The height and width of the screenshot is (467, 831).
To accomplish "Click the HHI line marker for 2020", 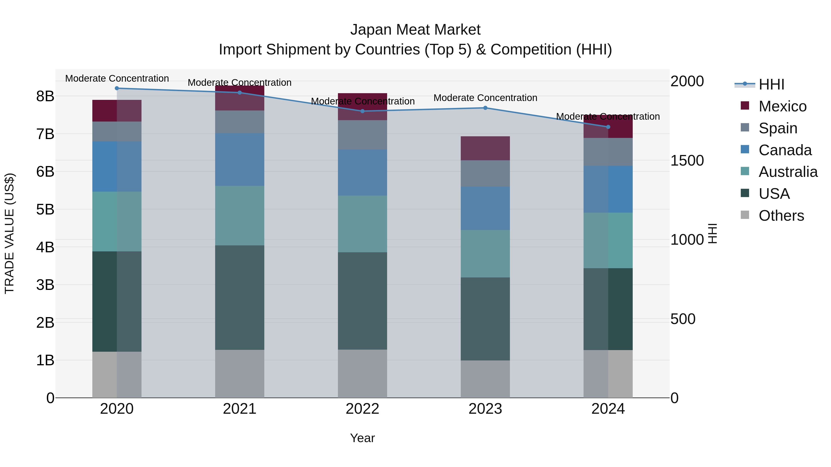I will pos(117,88).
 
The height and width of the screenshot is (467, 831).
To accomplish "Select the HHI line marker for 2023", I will pos(485,108).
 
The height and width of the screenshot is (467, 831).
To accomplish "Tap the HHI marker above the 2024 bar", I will pos(608,127).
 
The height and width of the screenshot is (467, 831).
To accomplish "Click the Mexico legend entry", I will pos(782,106).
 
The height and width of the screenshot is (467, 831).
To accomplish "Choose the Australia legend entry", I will pos(788,172).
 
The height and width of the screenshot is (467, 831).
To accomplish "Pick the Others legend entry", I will pos(781,216).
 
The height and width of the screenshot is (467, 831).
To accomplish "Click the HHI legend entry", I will pos(771,84).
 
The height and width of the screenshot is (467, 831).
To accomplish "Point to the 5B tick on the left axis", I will pos(45,209).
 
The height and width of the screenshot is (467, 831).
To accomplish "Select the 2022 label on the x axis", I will pos(362,409).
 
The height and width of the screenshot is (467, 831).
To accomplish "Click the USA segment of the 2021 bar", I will pos(240,297).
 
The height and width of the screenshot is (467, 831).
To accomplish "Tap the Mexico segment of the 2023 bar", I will pos(485,148).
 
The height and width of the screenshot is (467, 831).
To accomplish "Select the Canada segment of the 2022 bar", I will pos(362,173).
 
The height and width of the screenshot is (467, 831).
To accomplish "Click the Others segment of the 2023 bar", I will pos(485,379).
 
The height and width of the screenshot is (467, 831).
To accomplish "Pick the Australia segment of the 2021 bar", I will pos(240,216).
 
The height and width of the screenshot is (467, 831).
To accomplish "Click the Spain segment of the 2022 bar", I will pos(362,135).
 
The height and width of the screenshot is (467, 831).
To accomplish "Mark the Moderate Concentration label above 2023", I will pos(485,98).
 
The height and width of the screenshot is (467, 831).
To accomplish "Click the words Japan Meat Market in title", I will pos(415,30).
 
